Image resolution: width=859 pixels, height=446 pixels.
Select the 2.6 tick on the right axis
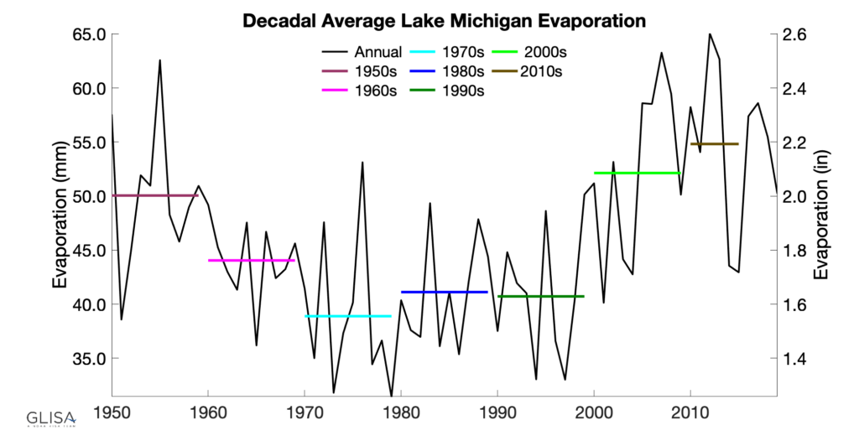pyautogui.click(x=795, y=35)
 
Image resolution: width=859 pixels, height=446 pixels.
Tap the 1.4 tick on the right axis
pyautogui.click(x=795, y=358)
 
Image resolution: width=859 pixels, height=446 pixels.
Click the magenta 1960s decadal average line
pyautogui.click(x=251, y=261)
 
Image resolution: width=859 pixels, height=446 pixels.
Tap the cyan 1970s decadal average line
pyautogui.click(x=348, y=316)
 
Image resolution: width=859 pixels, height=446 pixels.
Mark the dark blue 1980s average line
pyautogui.click(x=445, y=292)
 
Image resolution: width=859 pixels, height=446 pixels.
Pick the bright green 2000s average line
pyautogui.click(x=637, y=173)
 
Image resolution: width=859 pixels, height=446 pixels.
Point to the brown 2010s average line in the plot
pyautogui.click(x=714, y=144)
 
